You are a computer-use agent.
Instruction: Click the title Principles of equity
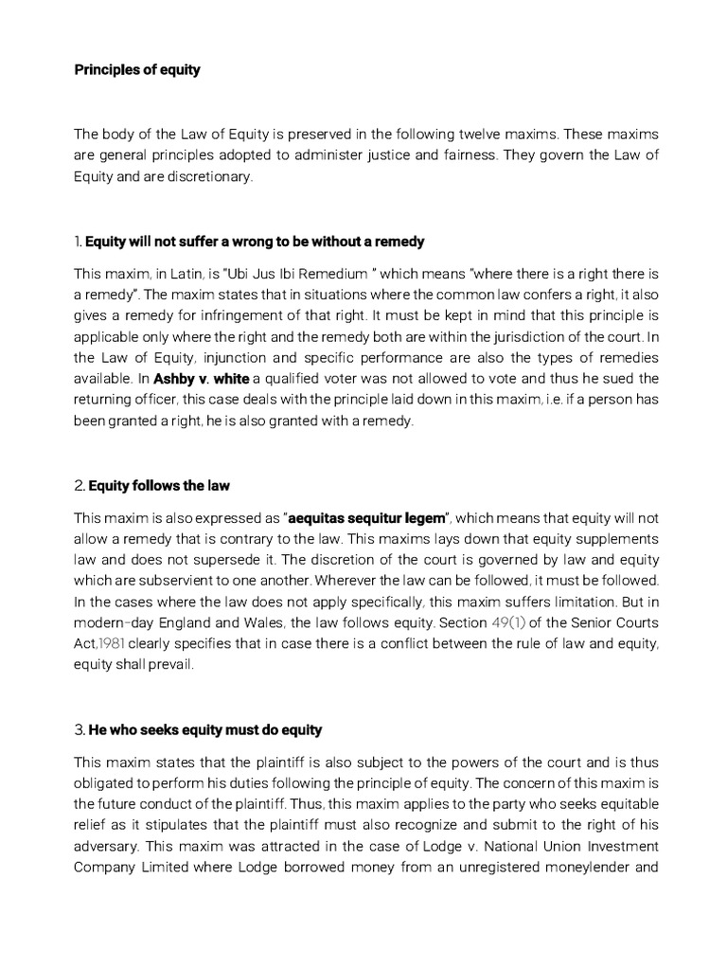coord(137,70)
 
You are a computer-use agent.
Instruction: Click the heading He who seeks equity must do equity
coord(205,729)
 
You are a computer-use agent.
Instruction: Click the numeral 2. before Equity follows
coord(80,486)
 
